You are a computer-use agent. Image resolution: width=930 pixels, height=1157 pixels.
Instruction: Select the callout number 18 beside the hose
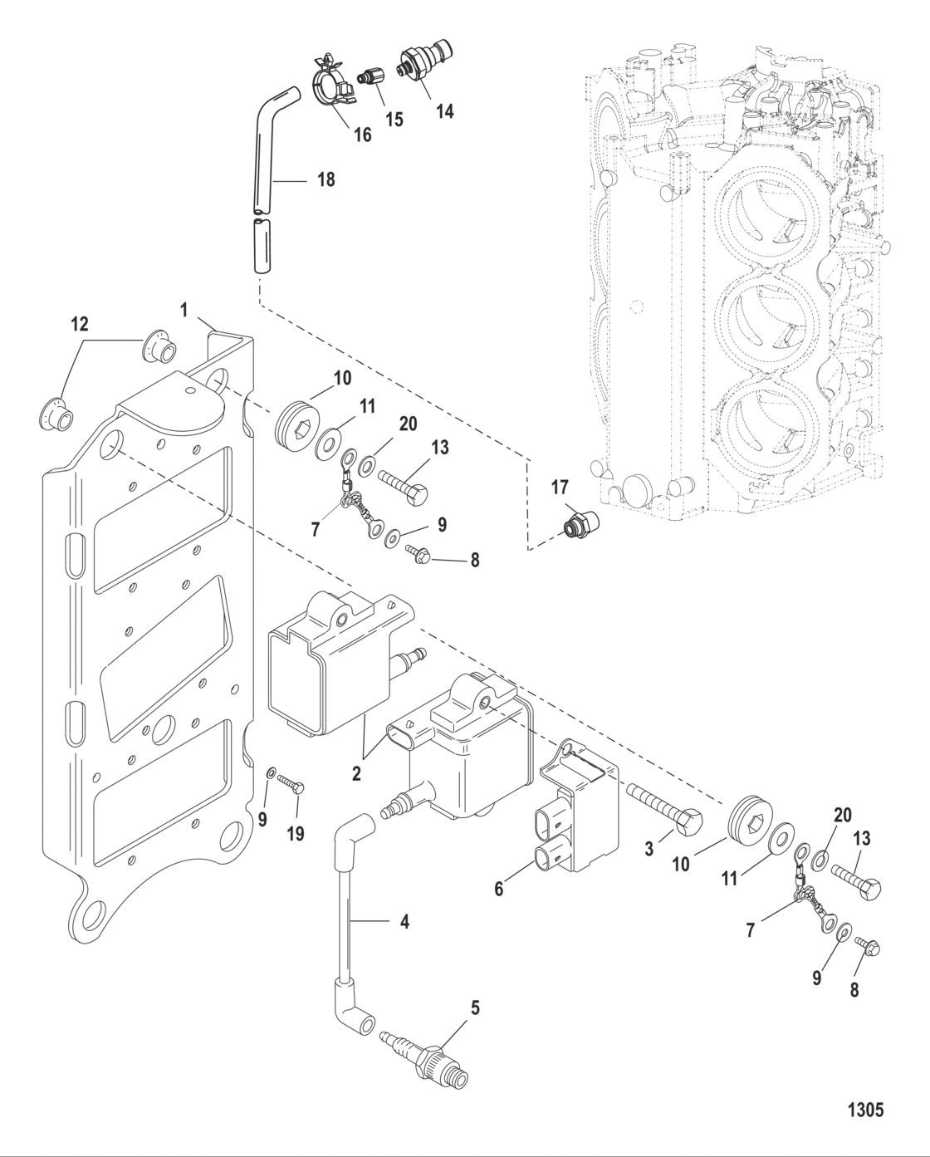click(x=325, y=179)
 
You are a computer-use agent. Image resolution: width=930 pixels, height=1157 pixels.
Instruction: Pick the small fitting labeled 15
click(x=369, y=77)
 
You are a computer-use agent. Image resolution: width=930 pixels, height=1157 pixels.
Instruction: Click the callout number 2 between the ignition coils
click(x=356, y=773)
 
